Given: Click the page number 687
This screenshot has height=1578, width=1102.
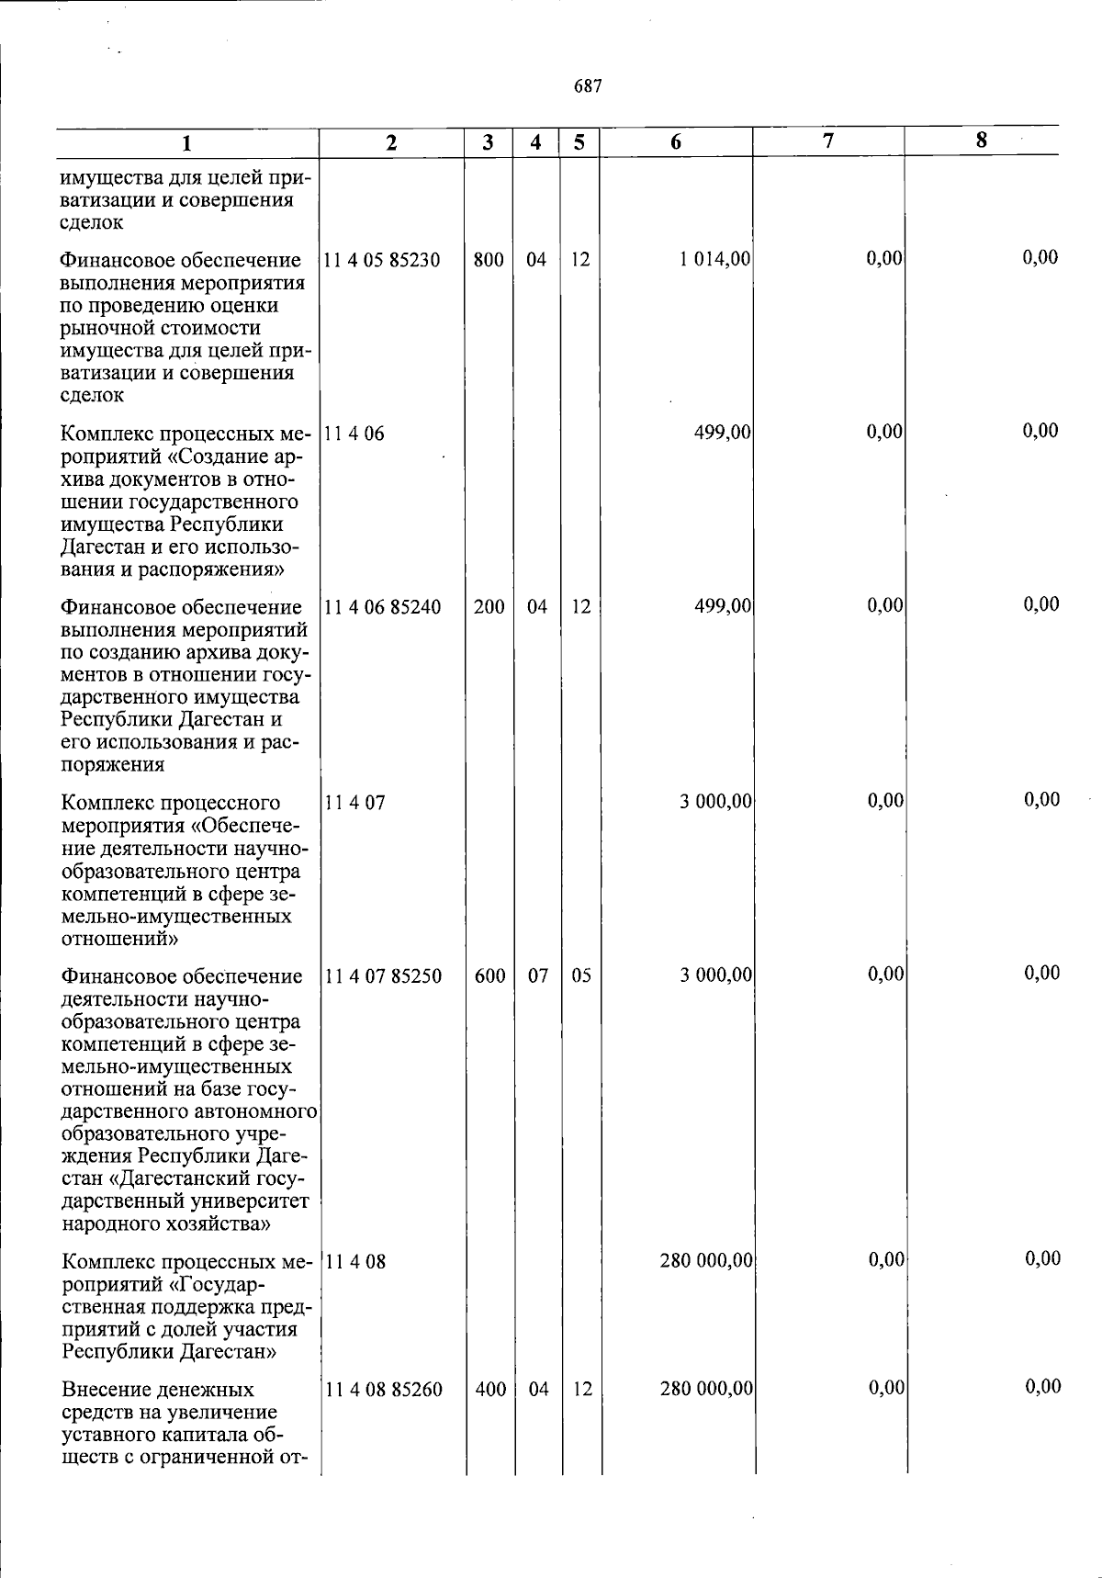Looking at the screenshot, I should tap(588, 86).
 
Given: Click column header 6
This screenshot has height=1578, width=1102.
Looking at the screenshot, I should tap(676, 142).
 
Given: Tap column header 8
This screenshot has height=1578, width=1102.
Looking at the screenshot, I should tap(981, 141).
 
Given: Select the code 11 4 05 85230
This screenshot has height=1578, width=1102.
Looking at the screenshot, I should tap(382, 260).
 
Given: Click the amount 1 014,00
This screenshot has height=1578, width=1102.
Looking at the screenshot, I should tap(715, 260).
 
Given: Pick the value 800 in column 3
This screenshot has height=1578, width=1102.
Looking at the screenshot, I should tap(489, 260).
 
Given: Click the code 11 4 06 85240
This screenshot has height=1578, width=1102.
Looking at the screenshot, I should tap(382, 607).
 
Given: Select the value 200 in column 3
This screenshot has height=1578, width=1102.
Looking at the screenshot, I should tap(489, 607).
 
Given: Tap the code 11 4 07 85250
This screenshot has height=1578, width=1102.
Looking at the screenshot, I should tap(383, 976).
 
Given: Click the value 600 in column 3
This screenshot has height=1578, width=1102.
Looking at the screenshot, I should tap(489, 976).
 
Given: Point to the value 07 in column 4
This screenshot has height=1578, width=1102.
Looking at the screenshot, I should tap(537, 976).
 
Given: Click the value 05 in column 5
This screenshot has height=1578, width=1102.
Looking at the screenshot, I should tap(581, 976).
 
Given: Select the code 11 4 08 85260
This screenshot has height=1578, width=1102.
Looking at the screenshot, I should tap(383, 1390).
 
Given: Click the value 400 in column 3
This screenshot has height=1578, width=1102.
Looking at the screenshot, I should tap(490, 1390).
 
